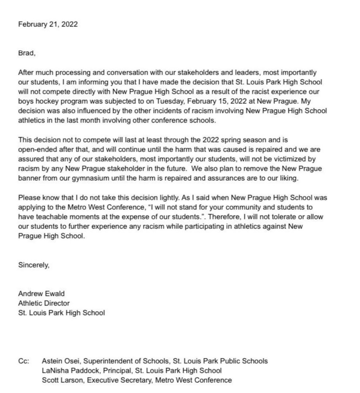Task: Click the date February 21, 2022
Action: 48,24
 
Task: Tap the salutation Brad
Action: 26,53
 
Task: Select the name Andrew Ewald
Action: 41,294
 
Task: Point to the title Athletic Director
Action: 44,303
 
